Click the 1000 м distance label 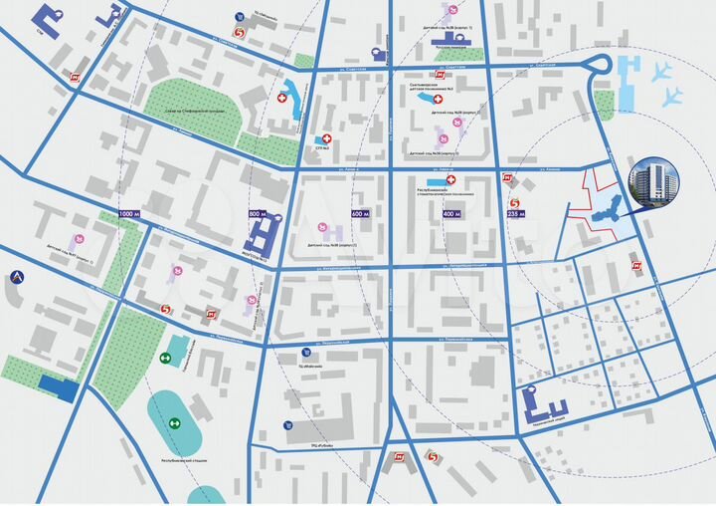pos(130,214)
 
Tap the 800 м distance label pos(258,214)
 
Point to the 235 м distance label pos(515,214)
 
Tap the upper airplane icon pos(662,72)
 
